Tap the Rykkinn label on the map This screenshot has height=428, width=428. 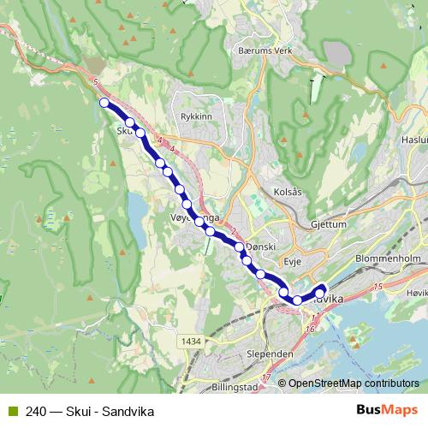coord(196,116)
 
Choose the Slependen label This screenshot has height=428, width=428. coord(270,354)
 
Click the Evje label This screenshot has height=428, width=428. coord(294,266)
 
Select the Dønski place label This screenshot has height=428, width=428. coord(260,247)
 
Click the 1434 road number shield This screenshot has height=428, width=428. coord(191,342)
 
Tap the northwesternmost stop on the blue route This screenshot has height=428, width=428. coord(104,103)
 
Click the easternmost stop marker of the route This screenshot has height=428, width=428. coord(322,288)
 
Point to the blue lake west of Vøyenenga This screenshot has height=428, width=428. coord(137,208)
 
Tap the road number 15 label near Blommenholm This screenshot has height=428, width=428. coord(377,286)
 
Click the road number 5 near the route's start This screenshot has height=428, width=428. coord(98,81)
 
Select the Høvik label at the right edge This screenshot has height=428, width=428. coord(418,292)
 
